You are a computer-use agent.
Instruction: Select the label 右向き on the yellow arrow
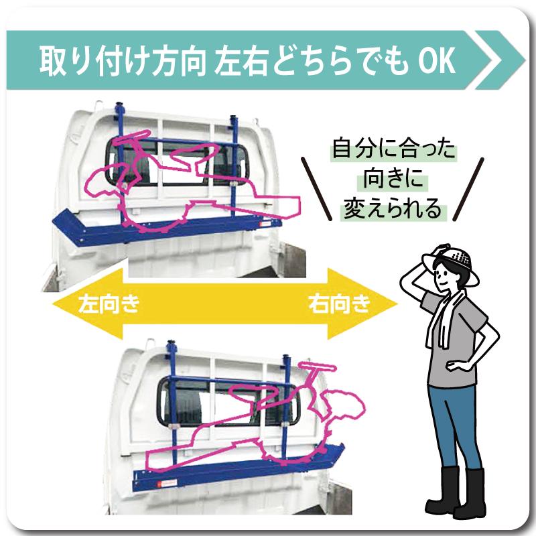[x=340, y=304]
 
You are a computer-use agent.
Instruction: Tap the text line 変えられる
[x=393, y=208]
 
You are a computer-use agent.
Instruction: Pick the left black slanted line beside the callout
[x=316, y=189]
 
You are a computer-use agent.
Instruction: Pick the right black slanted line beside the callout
[x=468, y=189]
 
